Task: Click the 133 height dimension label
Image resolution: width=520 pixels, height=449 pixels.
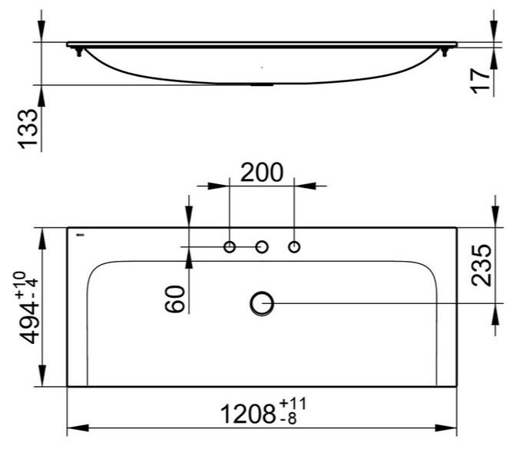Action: click(x=28, y=129)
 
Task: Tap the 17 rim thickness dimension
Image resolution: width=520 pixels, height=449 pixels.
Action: click(x=481, y=81)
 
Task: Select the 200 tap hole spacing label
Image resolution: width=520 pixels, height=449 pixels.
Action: click(x=262, y=173)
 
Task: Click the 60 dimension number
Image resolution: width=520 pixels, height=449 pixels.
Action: click(x=175, y=299)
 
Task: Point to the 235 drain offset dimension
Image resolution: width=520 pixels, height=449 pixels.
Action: click(x=481, y=265)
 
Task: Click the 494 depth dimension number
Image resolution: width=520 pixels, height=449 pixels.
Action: click(x=29, y=322)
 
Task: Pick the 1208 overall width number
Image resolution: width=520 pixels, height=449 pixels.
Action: click(x=248, y=414)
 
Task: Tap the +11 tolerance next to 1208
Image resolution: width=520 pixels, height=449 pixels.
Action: click(x=293, y=404)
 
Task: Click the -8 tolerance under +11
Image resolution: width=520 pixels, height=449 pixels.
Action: click(x=288, y=419)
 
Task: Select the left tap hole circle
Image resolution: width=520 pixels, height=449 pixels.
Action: click(x=230, y=247)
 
